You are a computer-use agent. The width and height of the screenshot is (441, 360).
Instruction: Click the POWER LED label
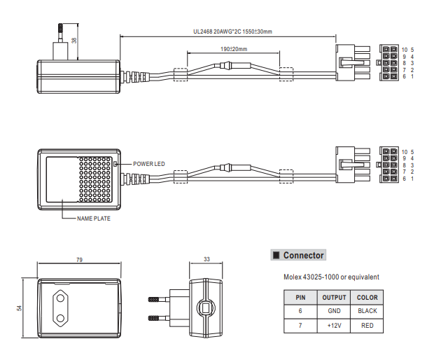pyautogui.click(x=149, y=163)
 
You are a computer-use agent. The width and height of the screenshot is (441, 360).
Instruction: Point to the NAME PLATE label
pyautogui.click(x=93, y=219)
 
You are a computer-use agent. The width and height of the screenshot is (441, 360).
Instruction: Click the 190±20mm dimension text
pyautogui.click(x=233, y=49)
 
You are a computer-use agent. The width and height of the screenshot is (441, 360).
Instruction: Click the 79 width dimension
pyautogui.click(x=79, y=260)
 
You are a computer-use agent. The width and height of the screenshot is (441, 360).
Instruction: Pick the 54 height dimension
pyautogui.click(x=20, y=307)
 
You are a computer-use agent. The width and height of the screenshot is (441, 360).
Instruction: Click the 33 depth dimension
pyautogui.click(x=206, y=260)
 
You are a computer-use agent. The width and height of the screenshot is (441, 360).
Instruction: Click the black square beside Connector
pyautogui.click(x=276, y=256)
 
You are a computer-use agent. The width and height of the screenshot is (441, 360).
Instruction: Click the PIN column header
pyautogui.click(x=300, y=297)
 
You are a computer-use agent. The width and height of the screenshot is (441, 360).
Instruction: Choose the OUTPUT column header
pyautogui.click(x=334, y=297)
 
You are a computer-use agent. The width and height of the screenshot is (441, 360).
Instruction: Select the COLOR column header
pyautogui.click(x=367, y=297)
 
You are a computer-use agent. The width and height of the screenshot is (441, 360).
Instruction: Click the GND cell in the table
pyautogui.click(x=334, y=311)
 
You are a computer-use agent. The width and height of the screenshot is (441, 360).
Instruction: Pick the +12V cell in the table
pyautogui.click(x=334, y=326)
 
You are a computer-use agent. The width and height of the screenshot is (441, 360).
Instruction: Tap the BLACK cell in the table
pyautogui.click(x=367, y=311)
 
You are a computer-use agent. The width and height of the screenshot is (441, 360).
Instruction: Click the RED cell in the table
pyautogui.click(x=367, y=326)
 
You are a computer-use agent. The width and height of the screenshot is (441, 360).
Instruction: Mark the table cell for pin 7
pyautogui.click(x=300, y=326)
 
